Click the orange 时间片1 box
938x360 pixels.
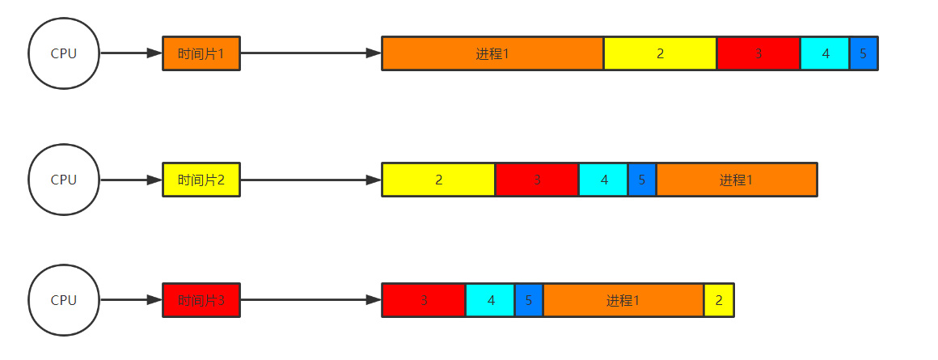coord(201,53)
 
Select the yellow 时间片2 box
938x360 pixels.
coord(201,180)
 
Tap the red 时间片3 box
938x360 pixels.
coord(201,300)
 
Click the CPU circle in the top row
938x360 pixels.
coord(64,53)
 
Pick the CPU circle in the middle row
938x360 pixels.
coord(64,180)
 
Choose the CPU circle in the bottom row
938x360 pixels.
coord(64,300)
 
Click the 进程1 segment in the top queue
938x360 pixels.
coord(492,53)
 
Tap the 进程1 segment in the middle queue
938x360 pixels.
coord(736,180)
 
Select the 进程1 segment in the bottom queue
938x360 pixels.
coord(623,300)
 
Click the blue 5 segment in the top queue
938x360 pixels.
coord(863,53)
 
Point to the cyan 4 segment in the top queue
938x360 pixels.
coord(825,53)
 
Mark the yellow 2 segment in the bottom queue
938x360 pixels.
coord(719,300)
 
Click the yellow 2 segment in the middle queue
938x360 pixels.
coord(438,180)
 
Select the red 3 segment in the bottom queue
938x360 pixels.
coord(423,300)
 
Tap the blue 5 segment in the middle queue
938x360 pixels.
coord(641,180)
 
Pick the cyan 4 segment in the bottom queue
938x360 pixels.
coord(490,300)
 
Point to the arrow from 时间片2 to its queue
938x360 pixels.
coord(311,180)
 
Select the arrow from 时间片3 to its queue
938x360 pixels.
coord(311,300)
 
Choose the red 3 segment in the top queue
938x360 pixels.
coord(758,53)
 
